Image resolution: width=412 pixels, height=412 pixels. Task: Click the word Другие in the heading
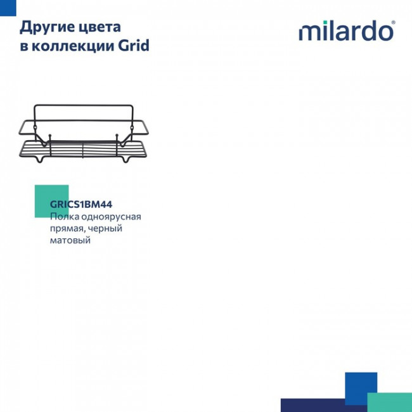45,27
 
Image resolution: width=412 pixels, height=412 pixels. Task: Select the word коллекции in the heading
72,46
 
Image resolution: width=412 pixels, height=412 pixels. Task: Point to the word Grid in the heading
134,46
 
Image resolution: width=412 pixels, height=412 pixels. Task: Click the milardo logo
345,31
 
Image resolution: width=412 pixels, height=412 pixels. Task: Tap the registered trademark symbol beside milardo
394,23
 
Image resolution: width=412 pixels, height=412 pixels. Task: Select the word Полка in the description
64,217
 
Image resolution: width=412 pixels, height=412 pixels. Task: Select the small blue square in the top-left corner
7,4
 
